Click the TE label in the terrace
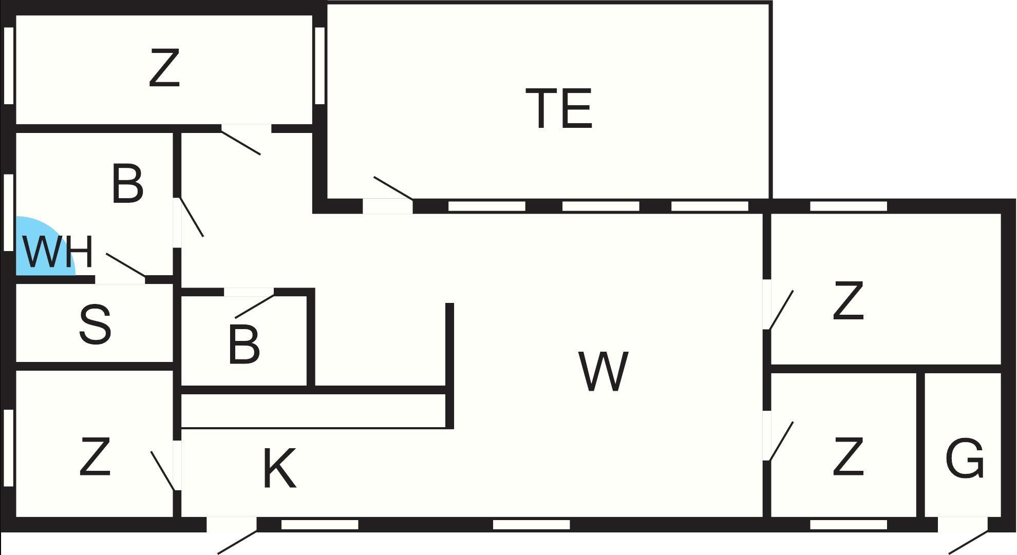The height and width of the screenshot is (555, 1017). [559, 108]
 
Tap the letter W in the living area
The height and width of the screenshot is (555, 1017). [603, 372]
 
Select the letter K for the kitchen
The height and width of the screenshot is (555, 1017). [279, 468]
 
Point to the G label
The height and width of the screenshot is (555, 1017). [964, 458]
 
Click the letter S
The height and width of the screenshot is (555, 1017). [95, 324]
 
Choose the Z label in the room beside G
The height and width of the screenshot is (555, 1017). [848, 456]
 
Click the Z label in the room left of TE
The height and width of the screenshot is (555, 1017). [164, 68]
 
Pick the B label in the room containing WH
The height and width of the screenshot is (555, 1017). [127, 184]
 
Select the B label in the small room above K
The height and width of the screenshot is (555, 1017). [243, 346]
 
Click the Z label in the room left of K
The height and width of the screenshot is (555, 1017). [95, 456]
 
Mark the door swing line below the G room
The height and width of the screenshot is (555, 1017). [968, 543]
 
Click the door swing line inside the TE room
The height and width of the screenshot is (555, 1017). [393, 187]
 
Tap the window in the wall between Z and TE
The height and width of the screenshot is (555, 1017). [319, 65]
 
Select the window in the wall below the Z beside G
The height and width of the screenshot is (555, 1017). [848, 524]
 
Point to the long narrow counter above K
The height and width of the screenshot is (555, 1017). [313, 411]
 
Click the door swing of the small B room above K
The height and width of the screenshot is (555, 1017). [254, 306]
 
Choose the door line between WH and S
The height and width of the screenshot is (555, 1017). [126, 265]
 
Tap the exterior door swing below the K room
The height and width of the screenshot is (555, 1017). [237, 543]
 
